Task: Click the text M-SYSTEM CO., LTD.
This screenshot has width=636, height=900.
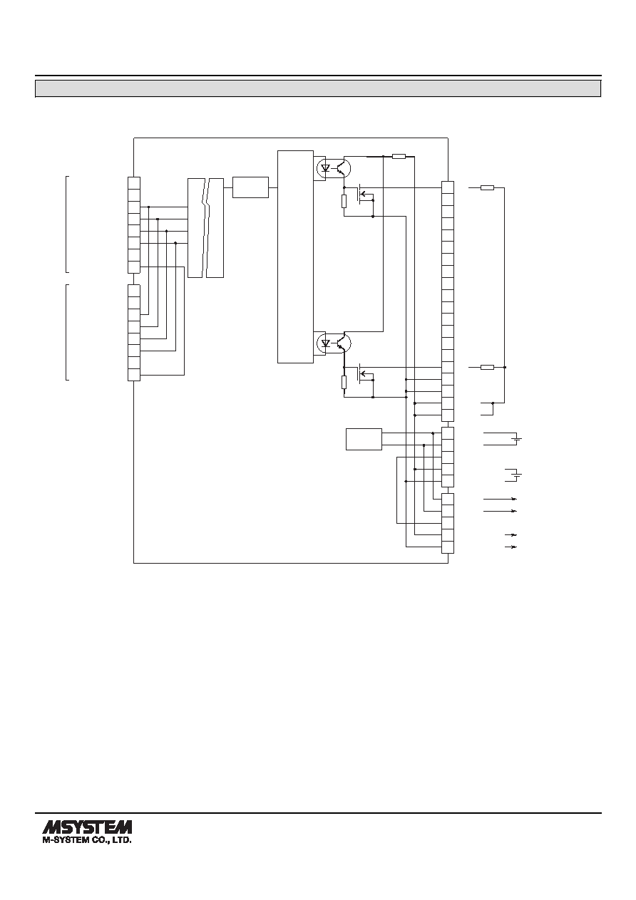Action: coord(87,839)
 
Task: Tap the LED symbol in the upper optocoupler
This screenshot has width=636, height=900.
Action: coord(327,168)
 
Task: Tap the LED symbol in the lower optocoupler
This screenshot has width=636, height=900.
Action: coord(327,343)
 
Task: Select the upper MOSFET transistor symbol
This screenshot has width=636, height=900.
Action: coord(364,196)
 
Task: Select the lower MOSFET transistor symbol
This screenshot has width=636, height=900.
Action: coord(364,376)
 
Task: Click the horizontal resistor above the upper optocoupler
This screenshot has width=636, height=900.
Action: coord(399,156)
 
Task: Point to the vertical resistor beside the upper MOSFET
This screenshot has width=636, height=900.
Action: coord(344,201)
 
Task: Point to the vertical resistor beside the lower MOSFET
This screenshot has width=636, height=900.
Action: coord(344,382)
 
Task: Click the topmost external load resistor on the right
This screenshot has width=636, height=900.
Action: coord(487,187)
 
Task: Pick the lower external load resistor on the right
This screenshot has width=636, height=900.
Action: coord(487,367)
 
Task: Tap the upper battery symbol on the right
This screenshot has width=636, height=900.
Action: coord(518,439)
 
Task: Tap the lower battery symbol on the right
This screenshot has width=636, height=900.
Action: coord(518,475)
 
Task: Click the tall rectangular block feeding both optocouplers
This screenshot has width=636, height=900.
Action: coord(295,257)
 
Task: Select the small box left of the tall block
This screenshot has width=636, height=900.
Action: coord(250,187)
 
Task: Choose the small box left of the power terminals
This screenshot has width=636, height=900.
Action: coord(364,439)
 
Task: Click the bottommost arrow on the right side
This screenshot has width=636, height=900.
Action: coord(511,547)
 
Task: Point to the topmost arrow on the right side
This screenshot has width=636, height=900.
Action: coord(500,499)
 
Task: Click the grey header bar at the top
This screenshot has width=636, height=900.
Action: coord(318,88)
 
